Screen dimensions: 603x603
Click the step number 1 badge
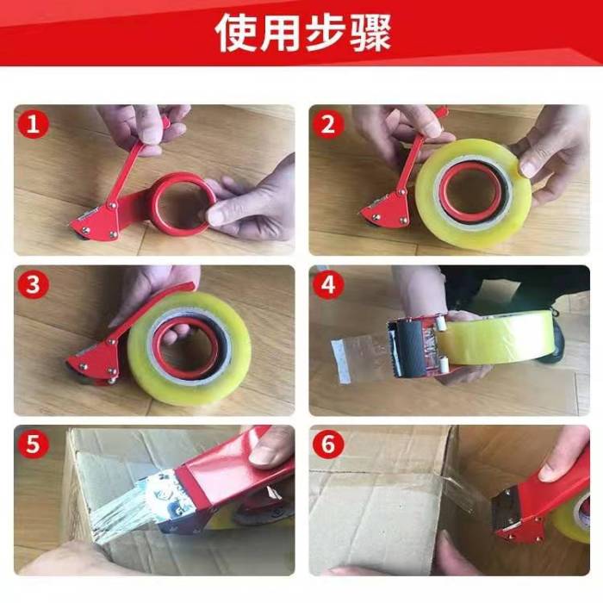(x=34, y=124)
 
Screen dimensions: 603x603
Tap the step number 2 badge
(x=328, y=124)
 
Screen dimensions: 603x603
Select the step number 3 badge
(x=34, y=284)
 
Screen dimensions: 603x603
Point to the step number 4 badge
(x=328, y=284)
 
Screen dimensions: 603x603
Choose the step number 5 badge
(x=34, y=444)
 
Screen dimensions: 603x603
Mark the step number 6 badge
(x=328, y=444)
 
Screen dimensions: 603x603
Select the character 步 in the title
(x=326, y=33)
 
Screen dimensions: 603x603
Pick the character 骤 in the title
(x=370, y=33)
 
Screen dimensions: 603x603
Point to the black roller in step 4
(x=411, y=347)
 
